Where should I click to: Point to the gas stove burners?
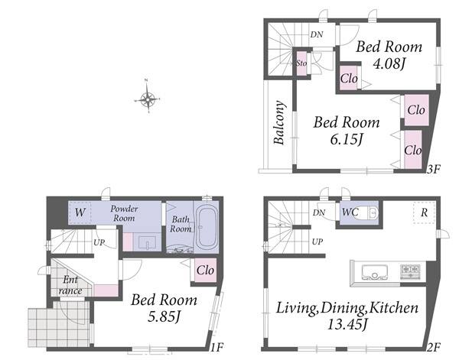(410, 271)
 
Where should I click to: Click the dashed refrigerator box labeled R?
(424, 212)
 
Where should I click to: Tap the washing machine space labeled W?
(80, 212)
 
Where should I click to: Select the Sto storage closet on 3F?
(301, 63)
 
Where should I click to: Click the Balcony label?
(279, 123)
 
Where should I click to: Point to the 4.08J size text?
(388, 63)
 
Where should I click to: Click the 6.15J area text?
(347, 139)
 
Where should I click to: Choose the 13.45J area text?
(347, 324)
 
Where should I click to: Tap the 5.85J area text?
(164, 316)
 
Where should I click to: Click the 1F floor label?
(217, 347)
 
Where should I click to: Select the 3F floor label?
(433, 170)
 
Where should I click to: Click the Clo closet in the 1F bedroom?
(205, 271)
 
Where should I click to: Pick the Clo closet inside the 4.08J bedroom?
(349, 78)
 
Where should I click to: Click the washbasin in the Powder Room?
(147, 242)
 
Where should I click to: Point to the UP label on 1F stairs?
(99, 242)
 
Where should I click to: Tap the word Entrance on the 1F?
(70, 285)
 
